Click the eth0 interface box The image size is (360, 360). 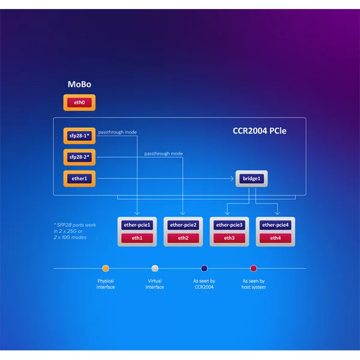click(x=79, y=103)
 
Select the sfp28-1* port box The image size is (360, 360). click(x=79, y=136)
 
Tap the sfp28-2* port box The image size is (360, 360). click(x=79, y=157)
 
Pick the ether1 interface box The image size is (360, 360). click(x=79, y=178)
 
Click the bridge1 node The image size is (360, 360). click(x=251, y=178)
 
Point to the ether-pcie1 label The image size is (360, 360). click(x=137, y=225)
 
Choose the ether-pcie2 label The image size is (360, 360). click(x=183, y=225)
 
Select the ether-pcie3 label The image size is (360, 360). click(x=229, y=225)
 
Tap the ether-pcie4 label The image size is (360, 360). click(x=275, y=225)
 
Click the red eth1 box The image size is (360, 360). click(x=137, y=238)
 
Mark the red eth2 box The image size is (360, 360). click(x=183, y=238)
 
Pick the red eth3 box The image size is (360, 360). click(x=229, y=238)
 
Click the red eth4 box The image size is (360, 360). click(x=275, y=238)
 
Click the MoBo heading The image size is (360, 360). click(x=79, y=85)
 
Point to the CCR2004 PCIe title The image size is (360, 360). click(x=259, y=130)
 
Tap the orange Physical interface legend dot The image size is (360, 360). click(x=106, y=268)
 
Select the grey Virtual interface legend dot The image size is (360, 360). click(x=155, y=268)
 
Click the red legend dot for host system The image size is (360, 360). click(x=254, y=268)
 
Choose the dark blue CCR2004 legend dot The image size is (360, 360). click(x=204, y=268)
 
